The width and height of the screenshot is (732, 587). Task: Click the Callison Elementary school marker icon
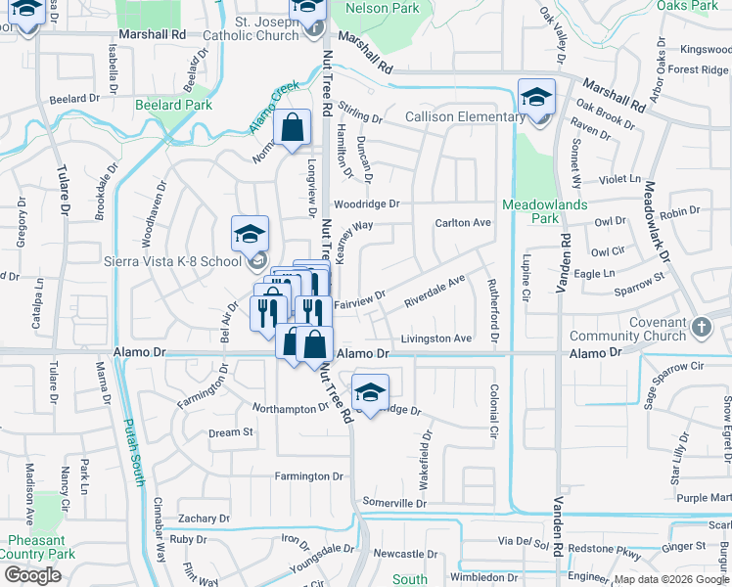click(536, 98)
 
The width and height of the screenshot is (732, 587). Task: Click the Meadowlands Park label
click(545, 211)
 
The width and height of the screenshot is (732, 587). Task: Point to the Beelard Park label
click(174, 105)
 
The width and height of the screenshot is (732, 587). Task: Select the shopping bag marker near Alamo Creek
click(293, 127)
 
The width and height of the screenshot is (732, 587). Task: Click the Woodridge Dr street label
click(366, 204)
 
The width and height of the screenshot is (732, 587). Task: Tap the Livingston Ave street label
click(436, 339)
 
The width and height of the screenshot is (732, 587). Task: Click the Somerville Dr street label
click(394, 503)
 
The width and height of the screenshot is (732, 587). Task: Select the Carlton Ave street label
click(463, 223)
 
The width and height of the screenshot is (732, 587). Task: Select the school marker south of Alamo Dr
click(370, 393)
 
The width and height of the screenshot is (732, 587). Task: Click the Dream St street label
click(231, 432)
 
